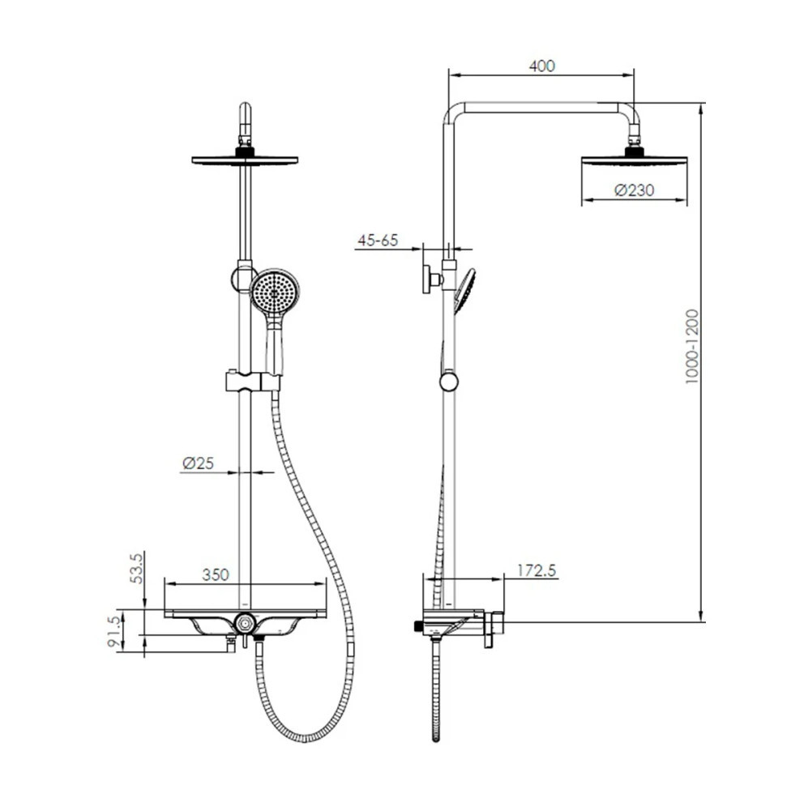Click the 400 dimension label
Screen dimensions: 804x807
542,66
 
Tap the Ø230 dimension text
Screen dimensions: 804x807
634,190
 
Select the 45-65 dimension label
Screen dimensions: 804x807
378,241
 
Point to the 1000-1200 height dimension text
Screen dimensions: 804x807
692,346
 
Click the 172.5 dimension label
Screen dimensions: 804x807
537,570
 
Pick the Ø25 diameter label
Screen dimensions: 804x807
198,463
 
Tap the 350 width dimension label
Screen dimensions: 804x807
215,574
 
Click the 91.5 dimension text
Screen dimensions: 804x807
113,631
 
